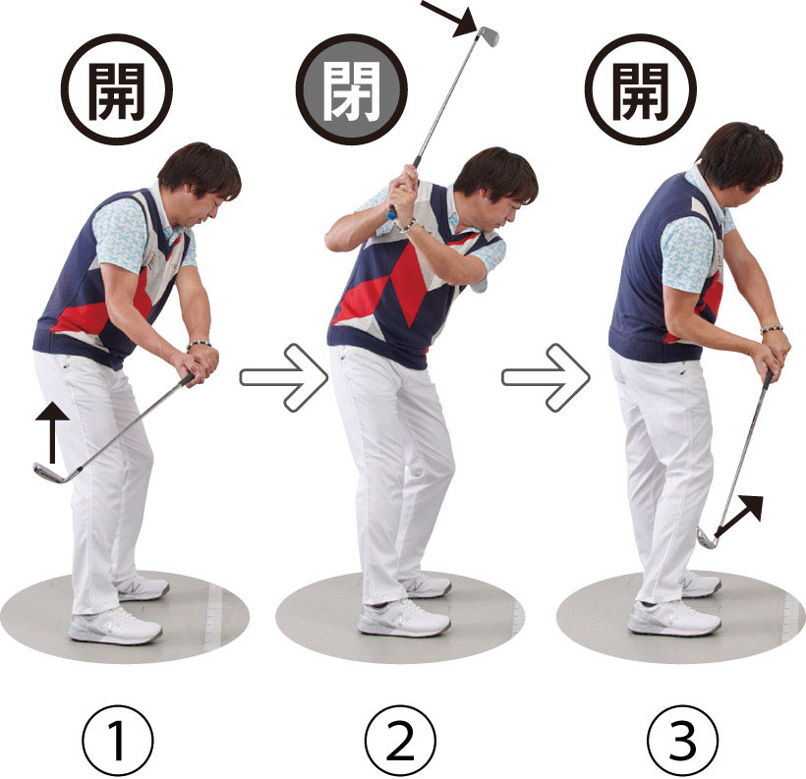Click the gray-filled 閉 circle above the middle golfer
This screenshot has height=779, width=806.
(352, 89)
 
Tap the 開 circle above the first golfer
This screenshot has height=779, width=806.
(117, 89)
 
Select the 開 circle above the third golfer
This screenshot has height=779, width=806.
(641, 89)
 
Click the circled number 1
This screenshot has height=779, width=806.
(118, 741)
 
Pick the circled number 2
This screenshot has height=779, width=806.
(400, 741)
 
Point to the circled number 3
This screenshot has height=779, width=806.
(682, 741)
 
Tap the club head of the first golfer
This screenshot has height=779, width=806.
(50, 473)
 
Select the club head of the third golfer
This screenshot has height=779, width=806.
(707, 537)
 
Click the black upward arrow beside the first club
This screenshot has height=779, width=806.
(52, 432)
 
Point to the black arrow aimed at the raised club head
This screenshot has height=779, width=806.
(449, 19)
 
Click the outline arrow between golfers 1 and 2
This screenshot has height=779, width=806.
(284, 377)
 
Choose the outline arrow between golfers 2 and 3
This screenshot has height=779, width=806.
(546, 377)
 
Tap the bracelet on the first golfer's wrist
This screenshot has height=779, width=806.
(199, 344)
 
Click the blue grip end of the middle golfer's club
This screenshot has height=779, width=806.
(391, 212)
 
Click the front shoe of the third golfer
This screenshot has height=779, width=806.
(674, 618)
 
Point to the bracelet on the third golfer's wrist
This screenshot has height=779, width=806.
(771, 329)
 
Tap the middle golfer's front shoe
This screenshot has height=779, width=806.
(404, 619)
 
